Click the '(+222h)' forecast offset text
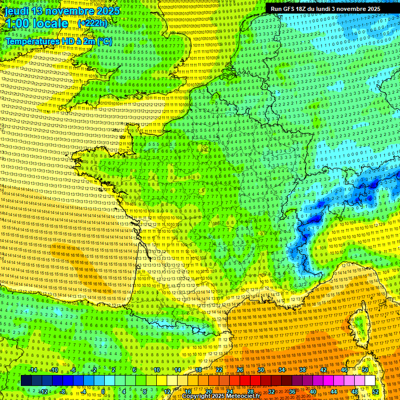click(x=92, y=23)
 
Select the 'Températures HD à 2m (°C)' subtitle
click(x=58, y=41)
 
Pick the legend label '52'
click(x=375, y=392)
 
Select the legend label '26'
click(x=240, y=370)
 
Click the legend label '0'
click(x=104, y=392)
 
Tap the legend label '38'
click(x=303, y=370)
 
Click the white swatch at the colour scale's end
click(x=370, y=381)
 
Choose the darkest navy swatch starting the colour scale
click(x=26, y=381)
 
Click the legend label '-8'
click(x=63, y=392)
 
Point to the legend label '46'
click(x=344, y=370)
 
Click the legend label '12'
click(x=167, y=392)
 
